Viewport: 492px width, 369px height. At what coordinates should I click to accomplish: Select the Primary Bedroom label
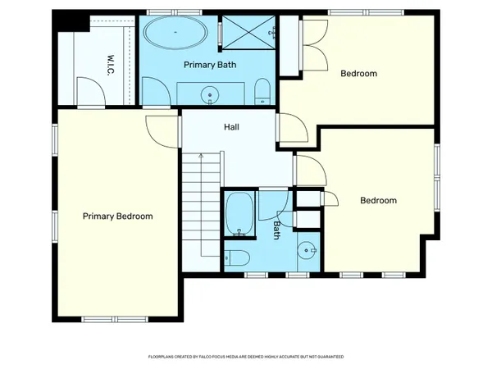117,216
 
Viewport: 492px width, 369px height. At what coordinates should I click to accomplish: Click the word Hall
231,128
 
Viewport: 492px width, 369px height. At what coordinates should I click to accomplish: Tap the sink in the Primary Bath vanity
211,94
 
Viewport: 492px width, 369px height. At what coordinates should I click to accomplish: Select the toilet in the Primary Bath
261,89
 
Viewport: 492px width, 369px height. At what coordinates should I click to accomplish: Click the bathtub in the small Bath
239,214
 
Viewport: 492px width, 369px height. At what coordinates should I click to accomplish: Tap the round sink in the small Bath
306,251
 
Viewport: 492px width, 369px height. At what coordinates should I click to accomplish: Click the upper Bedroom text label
358,74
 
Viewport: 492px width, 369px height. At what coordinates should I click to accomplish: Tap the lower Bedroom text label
378,200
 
